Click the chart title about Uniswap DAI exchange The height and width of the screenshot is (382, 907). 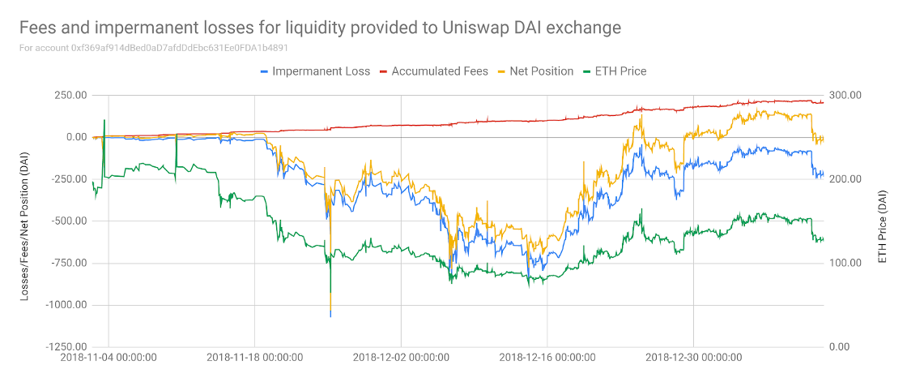point(320,28)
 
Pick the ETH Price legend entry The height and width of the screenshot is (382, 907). point(617,71)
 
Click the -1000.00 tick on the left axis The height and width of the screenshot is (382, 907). point(65,305)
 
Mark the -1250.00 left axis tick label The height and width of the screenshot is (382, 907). point(65,347)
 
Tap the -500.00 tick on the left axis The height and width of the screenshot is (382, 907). point(67,221)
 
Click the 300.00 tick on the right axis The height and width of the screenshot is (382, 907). point(845,95)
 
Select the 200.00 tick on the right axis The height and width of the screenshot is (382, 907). point(845,179)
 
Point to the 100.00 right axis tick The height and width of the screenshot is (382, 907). point(845,263)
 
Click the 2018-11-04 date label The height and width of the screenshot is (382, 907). point(109,357)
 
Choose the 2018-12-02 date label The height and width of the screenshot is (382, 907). point(401,357)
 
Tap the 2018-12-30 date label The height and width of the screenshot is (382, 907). point(693,357)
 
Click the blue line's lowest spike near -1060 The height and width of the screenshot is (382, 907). point(330,315)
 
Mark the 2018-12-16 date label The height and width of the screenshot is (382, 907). point(547,357)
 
